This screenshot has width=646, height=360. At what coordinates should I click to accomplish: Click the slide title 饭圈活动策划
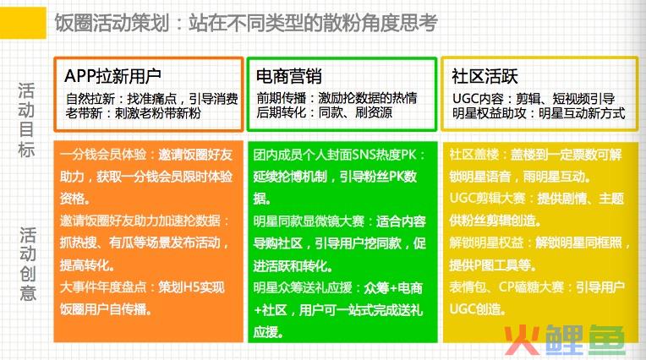pyautogui.click(x=112, y=23)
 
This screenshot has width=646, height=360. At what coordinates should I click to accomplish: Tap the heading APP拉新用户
pyautogui.click(x=112, y=76)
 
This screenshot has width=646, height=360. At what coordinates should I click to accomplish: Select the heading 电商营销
pyautogui.click(x=289, y=76)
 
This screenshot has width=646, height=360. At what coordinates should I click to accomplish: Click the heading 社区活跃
pyautogui.click(x=484, y=76)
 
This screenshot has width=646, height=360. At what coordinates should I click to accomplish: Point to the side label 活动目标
pyautogui.click(x=26, y=120)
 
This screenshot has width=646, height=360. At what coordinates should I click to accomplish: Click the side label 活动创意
pyautogui.click(x=28, y=264)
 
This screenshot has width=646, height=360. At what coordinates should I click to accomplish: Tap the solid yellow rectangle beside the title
pyautogui.click(x=23, y=23)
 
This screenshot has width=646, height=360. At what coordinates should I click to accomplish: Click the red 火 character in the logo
pyautogui.click(x=522, y=340)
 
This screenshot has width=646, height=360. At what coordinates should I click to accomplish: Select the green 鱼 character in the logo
pyautogui.click(x=606, y=340)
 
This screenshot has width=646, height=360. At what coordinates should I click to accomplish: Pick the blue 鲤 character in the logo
pyautogui.click(x=565, y=340)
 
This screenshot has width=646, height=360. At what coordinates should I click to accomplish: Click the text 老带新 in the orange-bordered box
pyautogui.click(x=84, y=113)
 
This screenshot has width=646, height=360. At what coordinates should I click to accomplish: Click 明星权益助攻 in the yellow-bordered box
pyautogui.click(x=490, y=113)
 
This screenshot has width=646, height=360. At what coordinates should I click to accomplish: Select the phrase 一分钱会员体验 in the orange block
pyautogui.click(x=103, y=155)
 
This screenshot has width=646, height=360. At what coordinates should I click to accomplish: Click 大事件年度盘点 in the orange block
pyautogui.click(x=103, y=286)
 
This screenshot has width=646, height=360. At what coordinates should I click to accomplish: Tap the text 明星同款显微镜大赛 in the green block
pyautogui.click(x=309, y=221)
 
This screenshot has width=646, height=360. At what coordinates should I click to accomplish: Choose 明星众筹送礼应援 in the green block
pyautogui.click(x=303, y=287)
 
